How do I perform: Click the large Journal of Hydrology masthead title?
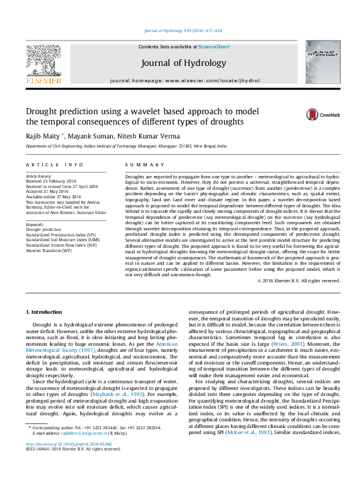183,63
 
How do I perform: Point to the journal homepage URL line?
185,80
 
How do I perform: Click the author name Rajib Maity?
42,136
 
